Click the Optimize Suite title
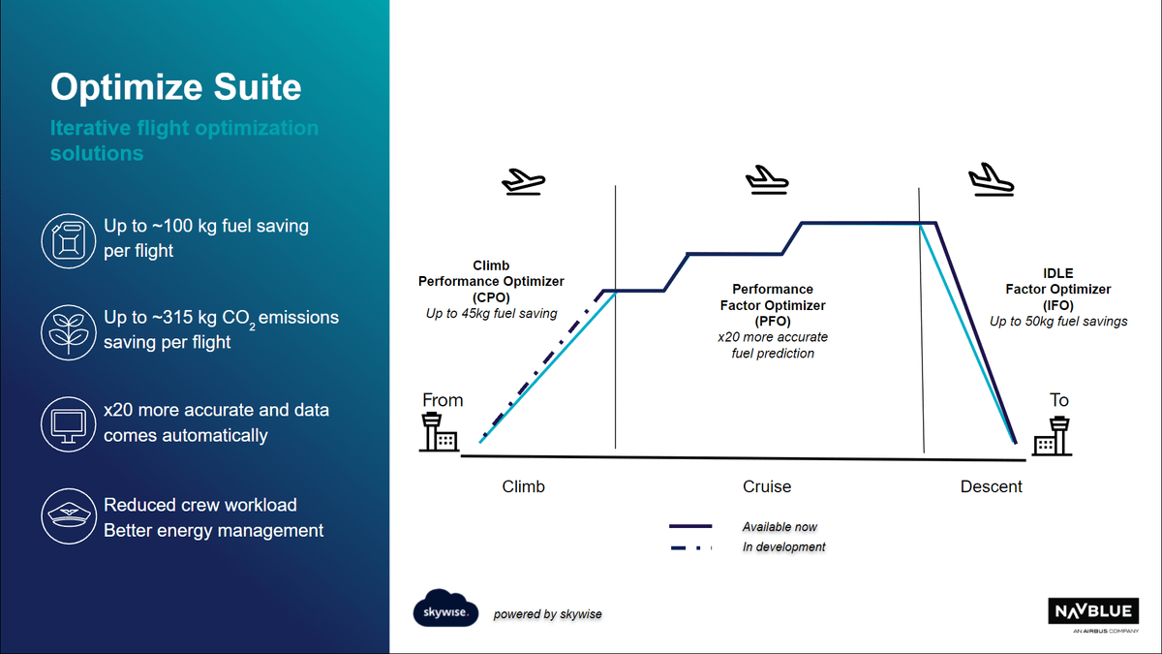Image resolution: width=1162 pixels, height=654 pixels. tap(175, 88)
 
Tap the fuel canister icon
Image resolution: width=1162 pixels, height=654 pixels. tap(70, 238)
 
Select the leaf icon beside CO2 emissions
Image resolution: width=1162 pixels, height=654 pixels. tap(70, 331)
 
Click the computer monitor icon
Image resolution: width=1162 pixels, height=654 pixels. tap(70, 423)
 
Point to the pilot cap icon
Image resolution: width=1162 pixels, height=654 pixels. tap(70, 516)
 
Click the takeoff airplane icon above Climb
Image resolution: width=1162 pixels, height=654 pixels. tap(523, 180)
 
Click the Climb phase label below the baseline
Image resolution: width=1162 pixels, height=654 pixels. tap(523, 486)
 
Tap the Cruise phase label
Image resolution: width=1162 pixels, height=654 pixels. tap(767, 486)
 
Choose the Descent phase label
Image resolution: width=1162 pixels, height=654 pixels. tap(991, 486)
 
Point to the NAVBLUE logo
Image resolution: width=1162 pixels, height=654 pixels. tap(1098, 612)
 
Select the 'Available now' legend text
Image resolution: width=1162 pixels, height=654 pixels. tap(780, 527)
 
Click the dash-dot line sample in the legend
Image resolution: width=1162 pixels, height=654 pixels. tap(690, 547)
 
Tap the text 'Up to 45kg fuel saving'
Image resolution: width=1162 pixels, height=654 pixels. tap(491, 313)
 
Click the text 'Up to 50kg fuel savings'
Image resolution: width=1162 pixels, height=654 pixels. tap(1058, 321)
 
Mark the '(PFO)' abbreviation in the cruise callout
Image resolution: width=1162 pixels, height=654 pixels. tap(773, 321)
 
